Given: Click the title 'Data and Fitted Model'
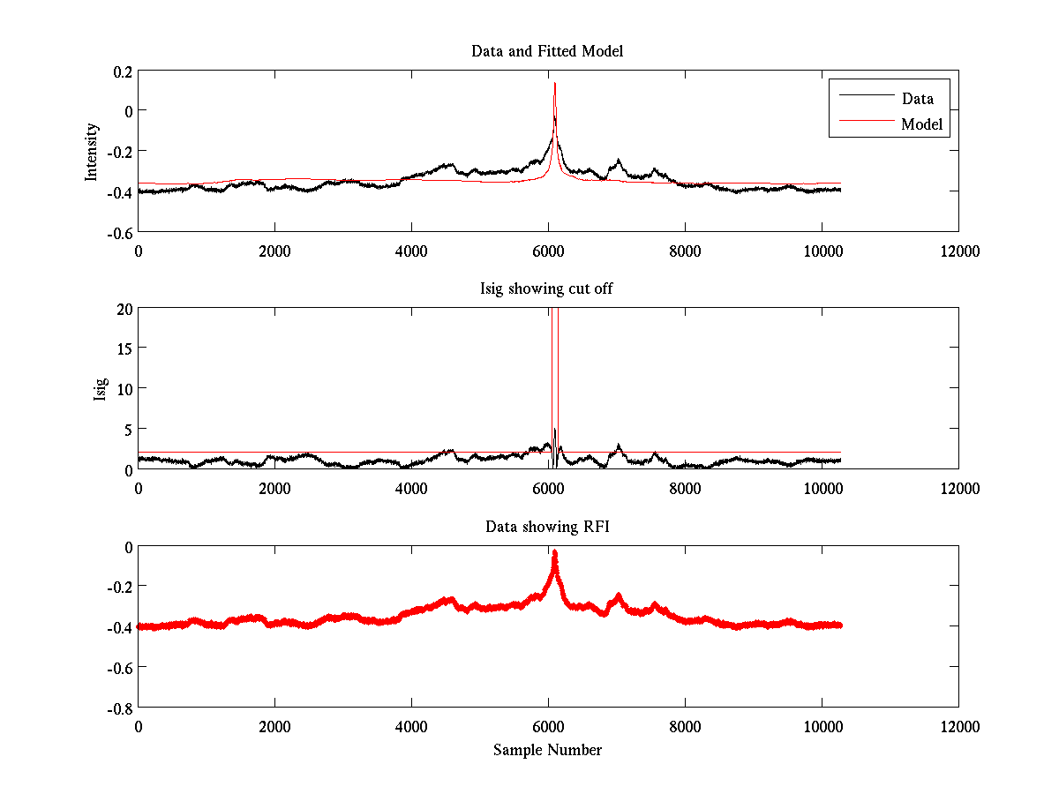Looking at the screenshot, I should pos(547,51).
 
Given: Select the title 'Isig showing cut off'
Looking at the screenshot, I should pos(547,289).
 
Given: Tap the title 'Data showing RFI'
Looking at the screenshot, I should pos(547,527).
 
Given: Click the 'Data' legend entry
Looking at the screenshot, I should pos(917,98).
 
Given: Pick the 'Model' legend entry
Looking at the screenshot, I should pos(921,124).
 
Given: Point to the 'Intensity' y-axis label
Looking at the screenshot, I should pos(91,151).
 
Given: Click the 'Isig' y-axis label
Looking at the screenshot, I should pos(101,389).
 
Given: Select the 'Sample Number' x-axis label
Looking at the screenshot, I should pos(547,750).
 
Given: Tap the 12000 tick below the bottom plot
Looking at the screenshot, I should pos(958,726).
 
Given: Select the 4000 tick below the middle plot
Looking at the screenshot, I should pos(411,488).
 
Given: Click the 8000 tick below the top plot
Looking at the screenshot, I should pos(685,251).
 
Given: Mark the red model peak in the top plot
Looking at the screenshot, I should pos(554,83).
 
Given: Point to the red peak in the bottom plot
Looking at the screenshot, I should pos(554,553).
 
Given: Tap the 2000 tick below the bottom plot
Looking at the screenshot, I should pos(274,726).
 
